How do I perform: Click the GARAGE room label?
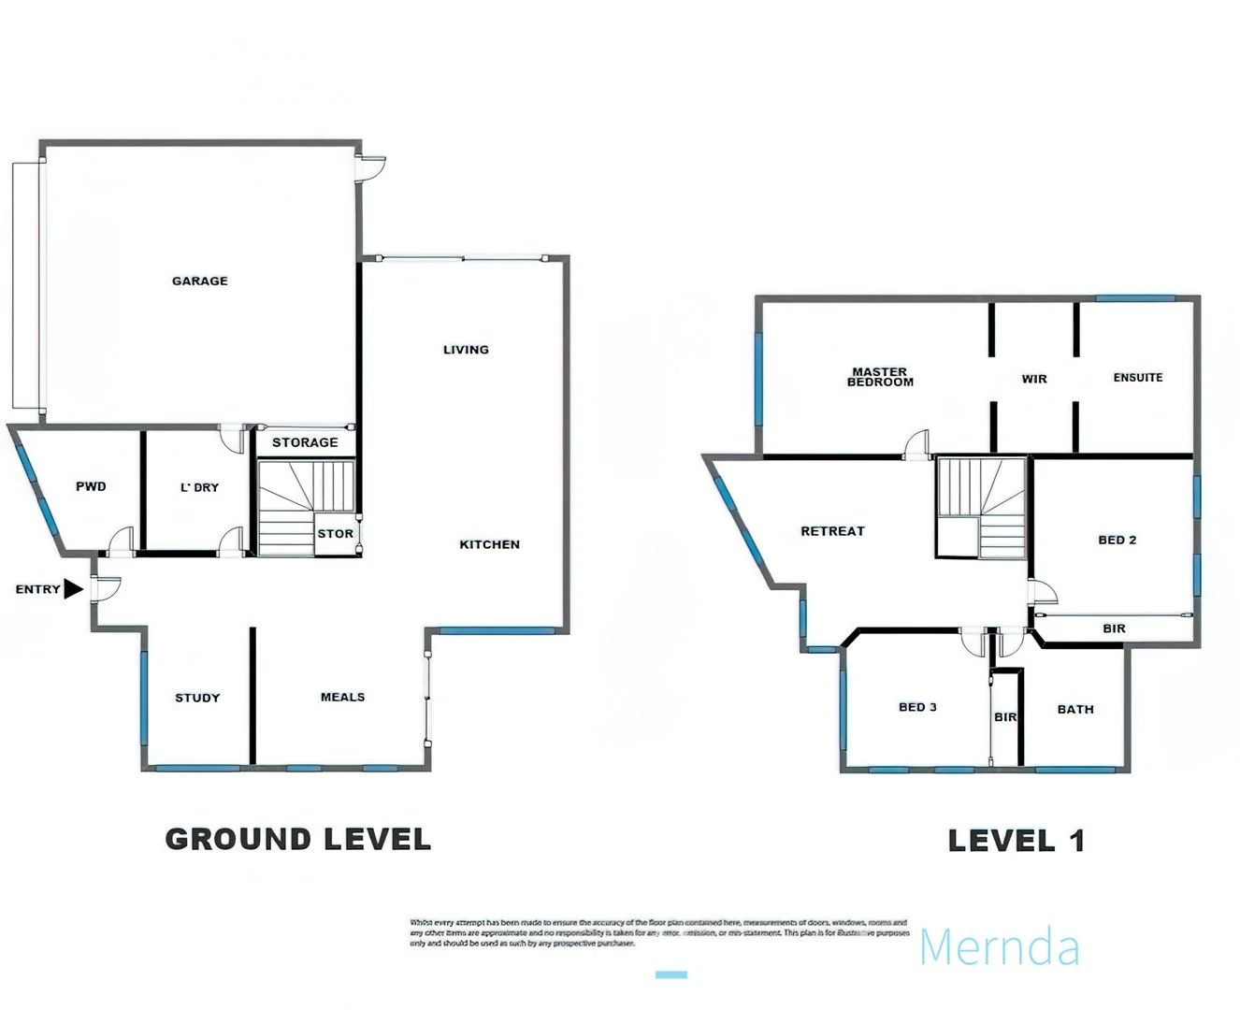199,281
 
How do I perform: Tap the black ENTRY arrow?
73,589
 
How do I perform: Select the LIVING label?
466,350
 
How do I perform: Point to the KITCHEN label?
489,544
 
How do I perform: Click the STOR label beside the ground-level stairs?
335,534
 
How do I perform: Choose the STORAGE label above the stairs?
305,442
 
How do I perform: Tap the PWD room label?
91,486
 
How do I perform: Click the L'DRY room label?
199,487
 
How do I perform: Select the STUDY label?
197,698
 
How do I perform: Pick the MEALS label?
342,697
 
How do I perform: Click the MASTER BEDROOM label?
880,377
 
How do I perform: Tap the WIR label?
1034,379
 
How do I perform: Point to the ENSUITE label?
1137,378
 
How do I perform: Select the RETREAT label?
832,531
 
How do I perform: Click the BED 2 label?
1117,540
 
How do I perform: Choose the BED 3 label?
917,707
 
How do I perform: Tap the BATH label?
1075,709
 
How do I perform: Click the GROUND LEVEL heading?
298,839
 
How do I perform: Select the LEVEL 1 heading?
1017,841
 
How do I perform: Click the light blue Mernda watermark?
1000,946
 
